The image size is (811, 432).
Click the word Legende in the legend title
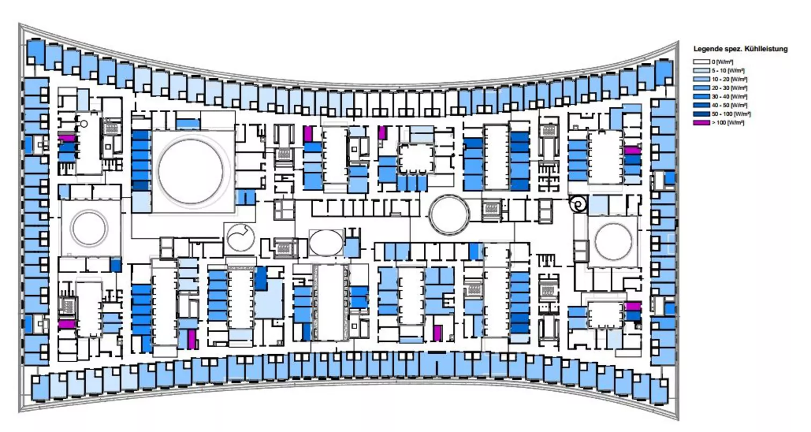707,49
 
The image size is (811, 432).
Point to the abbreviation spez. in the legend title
733,49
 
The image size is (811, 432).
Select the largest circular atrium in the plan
190,171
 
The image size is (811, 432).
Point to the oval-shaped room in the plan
325,242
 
